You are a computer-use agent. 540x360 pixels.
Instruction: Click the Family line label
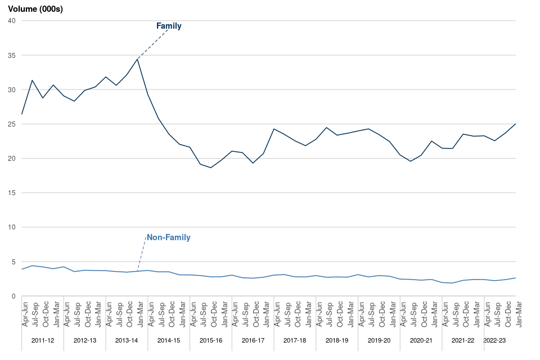(169, 26)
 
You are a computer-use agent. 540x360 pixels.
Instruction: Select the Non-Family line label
(169, 237)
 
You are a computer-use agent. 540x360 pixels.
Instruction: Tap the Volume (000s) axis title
(35, 9)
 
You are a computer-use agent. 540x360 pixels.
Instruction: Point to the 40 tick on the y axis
(11, 21)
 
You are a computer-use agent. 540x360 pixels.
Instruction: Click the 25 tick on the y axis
(11, 124)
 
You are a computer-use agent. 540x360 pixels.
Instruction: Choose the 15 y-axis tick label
(11, 193)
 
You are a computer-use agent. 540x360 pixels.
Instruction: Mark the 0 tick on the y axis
(13, 296)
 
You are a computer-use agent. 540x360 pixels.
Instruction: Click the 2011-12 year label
(43, 341)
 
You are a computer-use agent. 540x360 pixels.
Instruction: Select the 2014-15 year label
(169, 341)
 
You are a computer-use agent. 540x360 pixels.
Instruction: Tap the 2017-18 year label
(295, 341)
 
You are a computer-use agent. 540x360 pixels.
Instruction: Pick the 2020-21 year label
(421, 341)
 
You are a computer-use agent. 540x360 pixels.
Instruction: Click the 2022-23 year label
(495, 341)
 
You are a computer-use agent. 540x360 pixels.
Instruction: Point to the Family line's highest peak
(137, 58)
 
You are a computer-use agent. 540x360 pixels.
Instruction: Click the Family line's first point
(22, 114)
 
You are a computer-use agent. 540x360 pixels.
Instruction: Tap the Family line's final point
(515, 124)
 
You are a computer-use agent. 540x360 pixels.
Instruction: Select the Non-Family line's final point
(515, 278)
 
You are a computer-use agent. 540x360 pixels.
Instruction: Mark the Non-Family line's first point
(22, 269)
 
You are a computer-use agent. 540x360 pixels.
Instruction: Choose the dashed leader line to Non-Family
(142, 253)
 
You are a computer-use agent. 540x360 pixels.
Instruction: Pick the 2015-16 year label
(211, 341)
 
